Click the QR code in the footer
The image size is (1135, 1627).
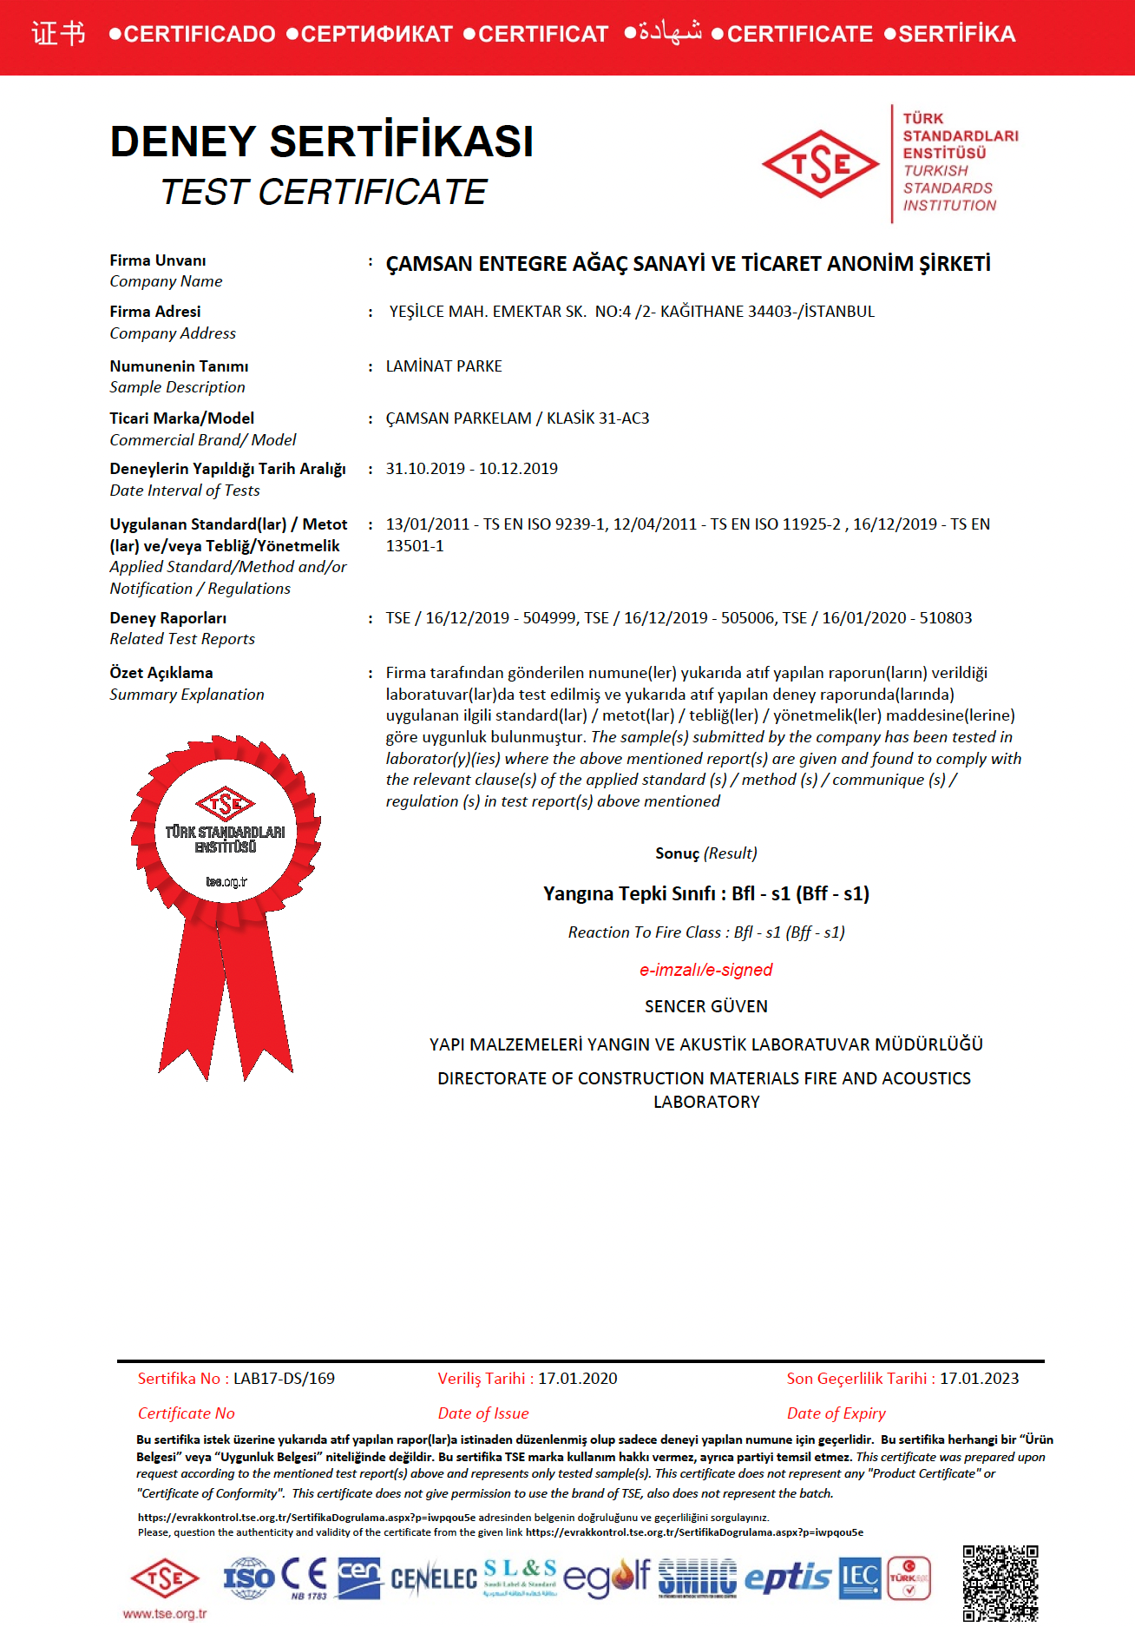(x=1000, y=1583)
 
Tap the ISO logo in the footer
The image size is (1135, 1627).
(x=249, y=1578)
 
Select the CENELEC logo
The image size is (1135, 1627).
(x=433, y=1578)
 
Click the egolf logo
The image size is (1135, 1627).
(x=606, y=1578)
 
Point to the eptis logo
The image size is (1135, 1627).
(x=788, y=1578)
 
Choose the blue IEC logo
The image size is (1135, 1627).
(x=859, y=1578)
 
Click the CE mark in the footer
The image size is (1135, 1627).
(x=305, y=1575)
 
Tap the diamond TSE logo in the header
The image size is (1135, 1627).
(x=820, y=163)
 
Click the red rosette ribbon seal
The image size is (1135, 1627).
(x=226, y=894)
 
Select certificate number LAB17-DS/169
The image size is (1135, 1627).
(x=284, y=1378)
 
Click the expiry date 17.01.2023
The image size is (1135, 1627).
(x=979, y=1378)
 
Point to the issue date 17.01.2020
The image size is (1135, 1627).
(x=577, y=1378)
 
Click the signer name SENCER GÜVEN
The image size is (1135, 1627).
(x=705, y=1006)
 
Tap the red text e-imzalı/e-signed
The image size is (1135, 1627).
(x=705, y=970)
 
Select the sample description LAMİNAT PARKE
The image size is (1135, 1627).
(x=443, y=366)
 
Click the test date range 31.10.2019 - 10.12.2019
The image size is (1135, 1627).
(x=471, y=469)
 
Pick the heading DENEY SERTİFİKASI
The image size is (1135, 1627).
(x=321, y=142)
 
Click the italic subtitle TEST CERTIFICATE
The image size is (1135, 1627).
(x=323, y=192)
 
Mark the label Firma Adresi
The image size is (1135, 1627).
(x=154, y=312)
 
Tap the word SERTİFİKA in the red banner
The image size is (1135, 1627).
(x=956, y=35)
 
